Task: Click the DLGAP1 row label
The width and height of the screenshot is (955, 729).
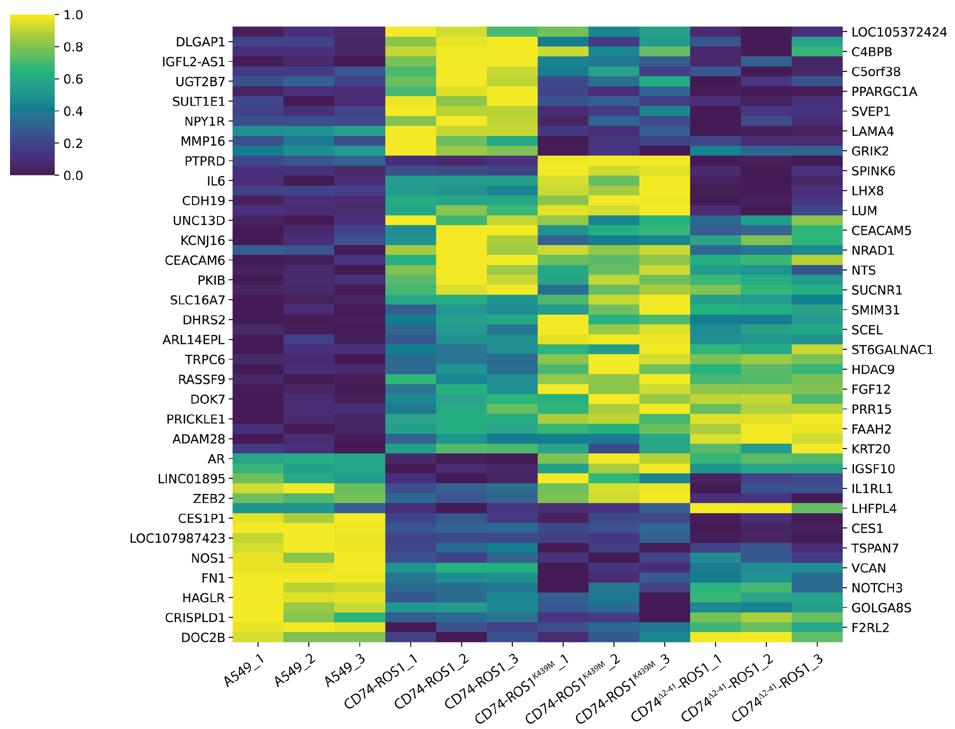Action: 200,42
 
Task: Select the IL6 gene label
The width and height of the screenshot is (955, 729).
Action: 216,181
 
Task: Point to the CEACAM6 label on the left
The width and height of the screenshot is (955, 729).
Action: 195,260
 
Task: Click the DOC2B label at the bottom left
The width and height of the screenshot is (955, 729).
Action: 203,638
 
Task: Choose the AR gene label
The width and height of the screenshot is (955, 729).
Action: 216,459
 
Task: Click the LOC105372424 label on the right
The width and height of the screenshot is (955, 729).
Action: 899,32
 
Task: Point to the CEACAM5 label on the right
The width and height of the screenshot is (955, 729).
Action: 881,231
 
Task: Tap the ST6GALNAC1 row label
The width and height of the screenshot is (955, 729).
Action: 892,350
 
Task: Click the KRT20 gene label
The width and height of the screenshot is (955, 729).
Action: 871,449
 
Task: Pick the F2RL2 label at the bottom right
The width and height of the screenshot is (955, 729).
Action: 870,628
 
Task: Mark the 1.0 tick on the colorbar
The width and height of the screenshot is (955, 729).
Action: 73,15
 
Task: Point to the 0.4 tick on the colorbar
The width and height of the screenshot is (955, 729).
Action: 73,112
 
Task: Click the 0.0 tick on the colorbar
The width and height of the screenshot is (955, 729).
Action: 73,176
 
